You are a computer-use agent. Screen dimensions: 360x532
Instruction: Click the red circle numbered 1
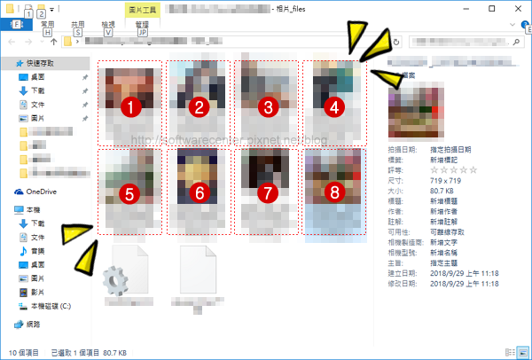tap(131, 107)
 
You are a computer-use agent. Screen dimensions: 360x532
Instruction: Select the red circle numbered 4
tap(332, 107)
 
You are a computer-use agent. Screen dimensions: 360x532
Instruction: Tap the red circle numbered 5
tap(131, 192)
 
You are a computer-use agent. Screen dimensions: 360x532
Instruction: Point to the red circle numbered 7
tap(266, 192)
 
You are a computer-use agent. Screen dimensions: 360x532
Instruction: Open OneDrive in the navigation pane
tap(42, 192)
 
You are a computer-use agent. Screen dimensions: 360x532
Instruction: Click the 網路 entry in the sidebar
tap(33, 325)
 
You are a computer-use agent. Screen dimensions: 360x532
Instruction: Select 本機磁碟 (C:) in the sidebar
tap(55, 305)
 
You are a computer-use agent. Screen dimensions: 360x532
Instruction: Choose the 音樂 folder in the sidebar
tap(37, 251)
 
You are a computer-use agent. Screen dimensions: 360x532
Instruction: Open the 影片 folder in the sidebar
tap(37, 291)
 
